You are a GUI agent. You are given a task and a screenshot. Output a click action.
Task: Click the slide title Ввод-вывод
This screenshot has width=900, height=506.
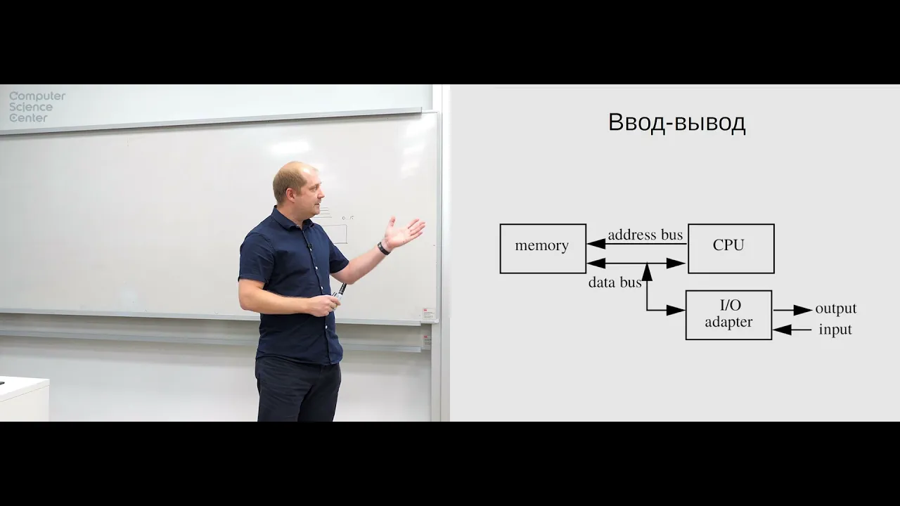tap(676, 123)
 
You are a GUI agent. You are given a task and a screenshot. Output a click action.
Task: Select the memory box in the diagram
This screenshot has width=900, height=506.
tap(543, 248)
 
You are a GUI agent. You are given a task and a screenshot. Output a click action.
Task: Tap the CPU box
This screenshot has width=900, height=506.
tap(731, 248)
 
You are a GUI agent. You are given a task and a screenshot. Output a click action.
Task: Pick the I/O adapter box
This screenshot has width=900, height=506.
tap(728, 314)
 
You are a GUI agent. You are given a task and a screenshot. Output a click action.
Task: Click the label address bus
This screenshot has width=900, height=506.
tap(645, 235)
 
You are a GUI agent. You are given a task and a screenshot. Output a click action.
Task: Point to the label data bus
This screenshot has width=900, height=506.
tap(615, 283)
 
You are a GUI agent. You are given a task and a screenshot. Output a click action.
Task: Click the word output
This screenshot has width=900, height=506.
tap(835, 309)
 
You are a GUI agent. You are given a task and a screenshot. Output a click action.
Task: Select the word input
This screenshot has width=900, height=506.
tap(835, 330)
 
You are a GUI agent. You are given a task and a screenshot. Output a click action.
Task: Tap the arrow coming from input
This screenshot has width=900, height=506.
tap(792, 330)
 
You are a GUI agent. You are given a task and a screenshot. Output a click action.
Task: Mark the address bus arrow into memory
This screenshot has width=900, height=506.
tap(598, 244)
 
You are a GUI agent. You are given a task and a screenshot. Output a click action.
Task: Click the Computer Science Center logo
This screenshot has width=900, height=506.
tap(37, 107)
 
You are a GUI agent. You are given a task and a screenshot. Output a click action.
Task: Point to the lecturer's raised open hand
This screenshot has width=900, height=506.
tap(404, 232)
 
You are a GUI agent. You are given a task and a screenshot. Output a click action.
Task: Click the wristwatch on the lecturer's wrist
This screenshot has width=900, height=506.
tap(383, 247)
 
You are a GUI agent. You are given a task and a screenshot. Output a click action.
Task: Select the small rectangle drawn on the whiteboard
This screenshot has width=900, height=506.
tap(337, 233)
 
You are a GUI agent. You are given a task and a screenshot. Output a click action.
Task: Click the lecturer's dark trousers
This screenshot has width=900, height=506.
tap(297, 390)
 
